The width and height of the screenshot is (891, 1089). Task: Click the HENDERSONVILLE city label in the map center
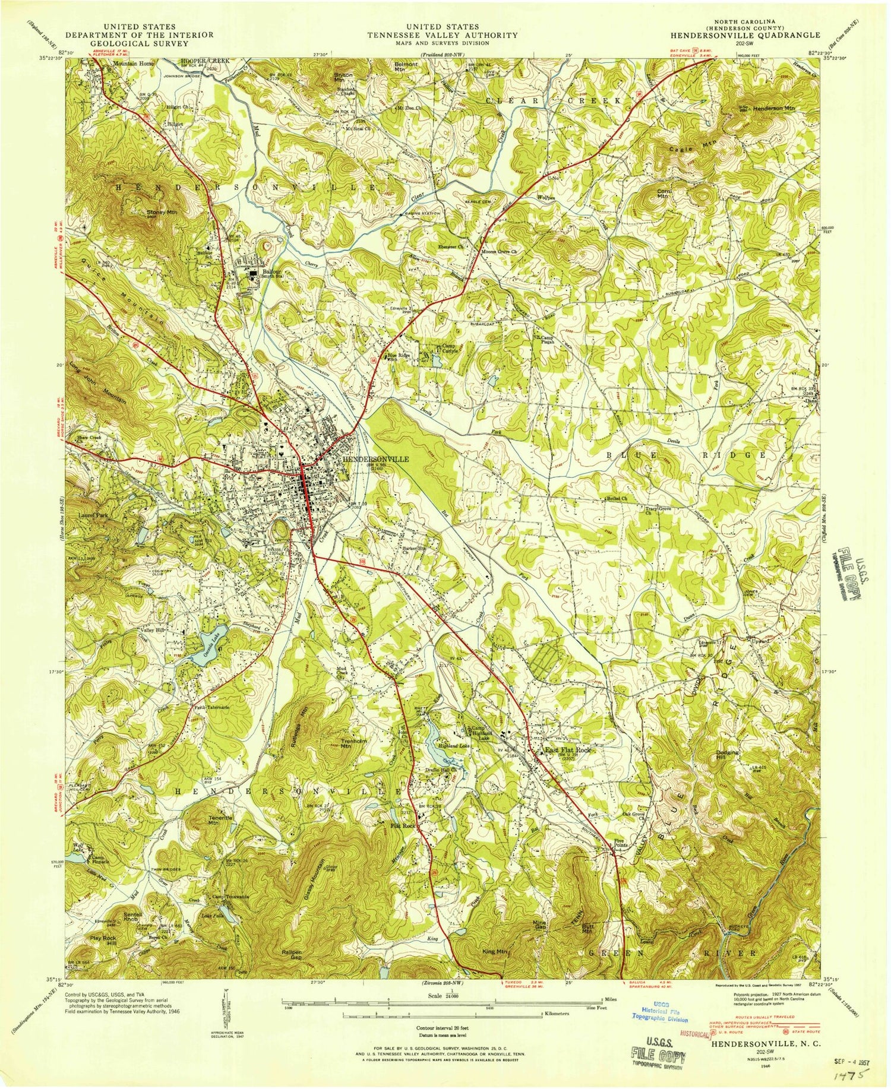[375, 460]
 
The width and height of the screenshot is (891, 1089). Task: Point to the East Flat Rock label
[568, 751]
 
